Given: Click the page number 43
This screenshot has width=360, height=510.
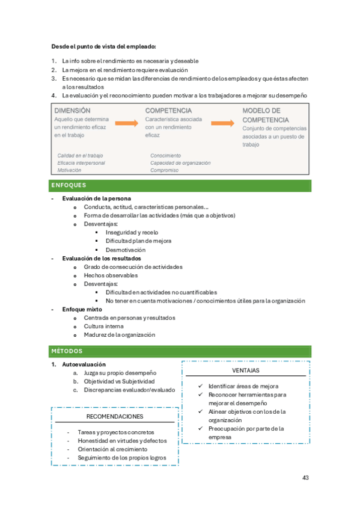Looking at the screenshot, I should [x=305, y=478].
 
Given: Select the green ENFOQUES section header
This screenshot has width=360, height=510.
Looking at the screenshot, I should [x=69, y=185].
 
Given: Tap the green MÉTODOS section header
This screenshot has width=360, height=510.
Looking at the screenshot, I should [x=67, y=351].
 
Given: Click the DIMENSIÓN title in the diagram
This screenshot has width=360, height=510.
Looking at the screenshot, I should [x=72, y=111].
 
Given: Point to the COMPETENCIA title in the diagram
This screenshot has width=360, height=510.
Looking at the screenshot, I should [x=168, y=111].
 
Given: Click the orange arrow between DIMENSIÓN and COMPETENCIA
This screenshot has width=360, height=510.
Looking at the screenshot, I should [x=127, y=123].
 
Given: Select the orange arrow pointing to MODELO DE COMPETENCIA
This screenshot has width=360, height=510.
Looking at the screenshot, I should [x=222, y=123].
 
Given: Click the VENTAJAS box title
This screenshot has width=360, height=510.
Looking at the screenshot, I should [x=246, y=370].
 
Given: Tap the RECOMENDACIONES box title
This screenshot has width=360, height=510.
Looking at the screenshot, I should [x=114, y=416].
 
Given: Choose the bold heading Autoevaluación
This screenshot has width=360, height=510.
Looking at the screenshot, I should [x=84, y=364].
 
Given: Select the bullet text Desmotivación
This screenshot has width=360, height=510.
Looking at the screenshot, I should [x=126, y=250].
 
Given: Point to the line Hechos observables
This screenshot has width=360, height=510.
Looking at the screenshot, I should [x=111, y=275].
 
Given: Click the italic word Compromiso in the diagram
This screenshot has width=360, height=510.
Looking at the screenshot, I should [x=164, y=170].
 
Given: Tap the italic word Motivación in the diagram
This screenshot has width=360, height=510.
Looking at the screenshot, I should [x=70, y=170].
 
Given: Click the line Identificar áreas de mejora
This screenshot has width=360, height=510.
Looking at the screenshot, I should [x=243, y=386].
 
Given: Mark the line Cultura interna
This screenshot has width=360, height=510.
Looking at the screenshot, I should [x=104, y=326].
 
